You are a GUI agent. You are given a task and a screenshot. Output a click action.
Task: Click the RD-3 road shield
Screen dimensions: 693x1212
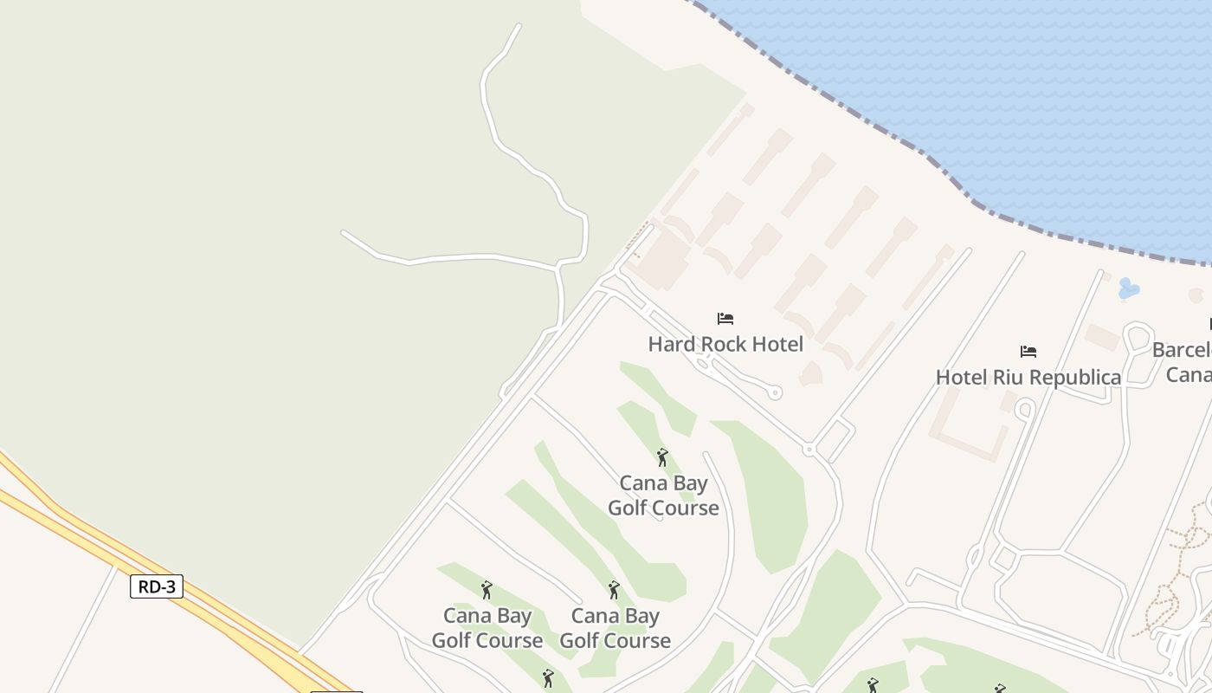(157, 586)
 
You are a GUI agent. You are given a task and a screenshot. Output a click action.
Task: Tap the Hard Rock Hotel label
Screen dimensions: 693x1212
(725, 344)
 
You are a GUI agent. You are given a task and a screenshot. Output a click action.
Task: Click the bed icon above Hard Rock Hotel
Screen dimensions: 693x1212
(725, 319)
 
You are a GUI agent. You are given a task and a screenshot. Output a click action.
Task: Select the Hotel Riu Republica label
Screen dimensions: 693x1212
(1028, 377)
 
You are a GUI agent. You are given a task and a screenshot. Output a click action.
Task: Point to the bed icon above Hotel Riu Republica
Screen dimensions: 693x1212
(1028, 351)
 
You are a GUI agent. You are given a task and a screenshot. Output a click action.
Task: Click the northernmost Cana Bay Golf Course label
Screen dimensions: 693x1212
(663, 495)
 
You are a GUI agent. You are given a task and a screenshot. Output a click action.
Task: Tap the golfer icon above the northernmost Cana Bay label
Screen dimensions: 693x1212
(662, 457)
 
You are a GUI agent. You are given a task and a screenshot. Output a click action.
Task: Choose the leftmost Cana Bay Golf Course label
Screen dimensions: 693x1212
(487, 628)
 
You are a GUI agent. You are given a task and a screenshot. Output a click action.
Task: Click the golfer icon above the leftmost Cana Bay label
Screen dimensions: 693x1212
(487, 590)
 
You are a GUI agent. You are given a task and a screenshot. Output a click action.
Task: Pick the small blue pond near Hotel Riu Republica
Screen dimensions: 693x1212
(1128, 288)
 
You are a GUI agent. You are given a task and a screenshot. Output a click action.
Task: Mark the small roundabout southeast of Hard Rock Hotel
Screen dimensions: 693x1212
(809, 450)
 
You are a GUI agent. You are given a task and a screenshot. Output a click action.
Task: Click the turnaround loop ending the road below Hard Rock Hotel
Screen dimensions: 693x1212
(775, 392)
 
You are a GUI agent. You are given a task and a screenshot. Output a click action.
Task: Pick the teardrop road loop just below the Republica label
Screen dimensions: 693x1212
(1025, 408)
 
